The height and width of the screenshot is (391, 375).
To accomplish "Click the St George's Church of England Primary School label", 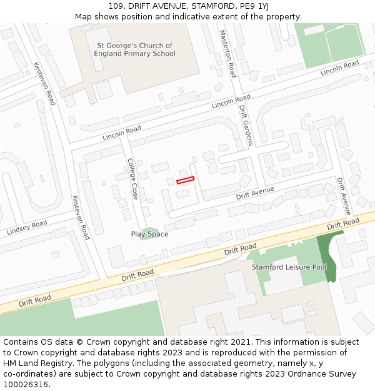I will (134, 49).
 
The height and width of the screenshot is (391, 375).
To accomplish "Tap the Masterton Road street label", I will (227, 53).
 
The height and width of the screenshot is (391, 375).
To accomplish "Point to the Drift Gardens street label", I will (245, 124).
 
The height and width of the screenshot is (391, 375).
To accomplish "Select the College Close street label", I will (132, 178).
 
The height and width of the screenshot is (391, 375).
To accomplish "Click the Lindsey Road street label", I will (27, 228).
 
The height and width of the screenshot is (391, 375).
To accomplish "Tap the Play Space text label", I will (149, 234).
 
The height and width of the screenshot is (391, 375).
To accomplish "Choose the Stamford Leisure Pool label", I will (289, 267).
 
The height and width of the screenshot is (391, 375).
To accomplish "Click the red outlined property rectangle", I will (185, 180).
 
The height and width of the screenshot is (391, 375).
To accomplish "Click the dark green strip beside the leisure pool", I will (329, 256).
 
